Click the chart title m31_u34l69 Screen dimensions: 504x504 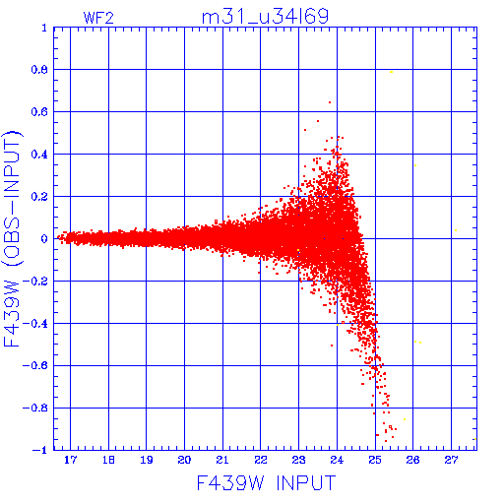[265, 17]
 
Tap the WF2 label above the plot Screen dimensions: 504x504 [98, 18]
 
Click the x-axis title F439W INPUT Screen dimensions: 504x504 [266, 482]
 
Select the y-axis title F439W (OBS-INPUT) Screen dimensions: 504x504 [12, 238]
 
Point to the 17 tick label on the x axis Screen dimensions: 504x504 [70, 460]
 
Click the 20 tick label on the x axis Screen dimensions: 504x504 [184, 460]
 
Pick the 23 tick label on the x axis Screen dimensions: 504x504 [298, 460]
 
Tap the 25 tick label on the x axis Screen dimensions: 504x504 [375, 460]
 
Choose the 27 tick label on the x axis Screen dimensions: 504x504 [451, 460]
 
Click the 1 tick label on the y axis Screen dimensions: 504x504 [44, 28]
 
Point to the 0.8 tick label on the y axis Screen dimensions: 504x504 [39, 70]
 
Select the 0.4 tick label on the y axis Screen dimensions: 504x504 [39, 155]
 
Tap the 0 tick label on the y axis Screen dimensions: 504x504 [44, 239]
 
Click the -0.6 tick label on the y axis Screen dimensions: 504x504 [35, 365]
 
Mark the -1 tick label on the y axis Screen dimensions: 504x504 [40, 450]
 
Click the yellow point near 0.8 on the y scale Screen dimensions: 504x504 [391, 72]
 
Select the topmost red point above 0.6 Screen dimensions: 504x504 [330, 102]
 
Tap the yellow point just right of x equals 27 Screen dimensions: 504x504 [456, 230]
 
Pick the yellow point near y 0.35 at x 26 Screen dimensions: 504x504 [415, 165]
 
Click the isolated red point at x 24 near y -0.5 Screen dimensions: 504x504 [332, 346]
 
